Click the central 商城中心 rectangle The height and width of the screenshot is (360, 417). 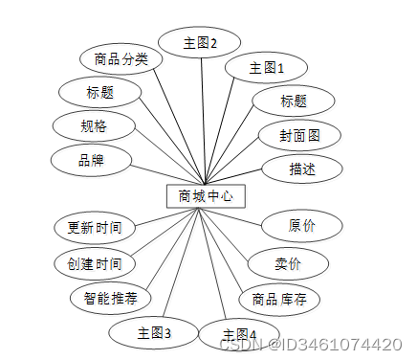point(206,195)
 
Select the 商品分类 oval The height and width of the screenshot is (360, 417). point(121,59)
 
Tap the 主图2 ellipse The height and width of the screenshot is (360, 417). point(200,42)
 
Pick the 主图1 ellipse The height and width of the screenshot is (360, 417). point(266,68)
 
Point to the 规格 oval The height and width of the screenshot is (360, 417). point(94,125)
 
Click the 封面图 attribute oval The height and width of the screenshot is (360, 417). point(299,135)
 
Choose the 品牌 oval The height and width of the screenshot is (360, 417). point(90,160)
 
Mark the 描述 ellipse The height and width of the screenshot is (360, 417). point(301,169)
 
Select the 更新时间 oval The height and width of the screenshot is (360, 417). point(94,229)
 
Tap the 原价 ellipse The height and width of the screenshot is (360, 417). point(301,226)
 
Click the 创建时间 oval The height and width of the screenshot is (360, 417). point(94,263)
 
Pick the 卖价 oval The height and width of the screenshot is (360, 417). point(288,263)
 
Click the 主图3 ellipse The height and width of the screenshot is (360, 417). point(154,332)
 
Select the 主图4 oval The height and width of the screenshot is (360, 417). point(240,334)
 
